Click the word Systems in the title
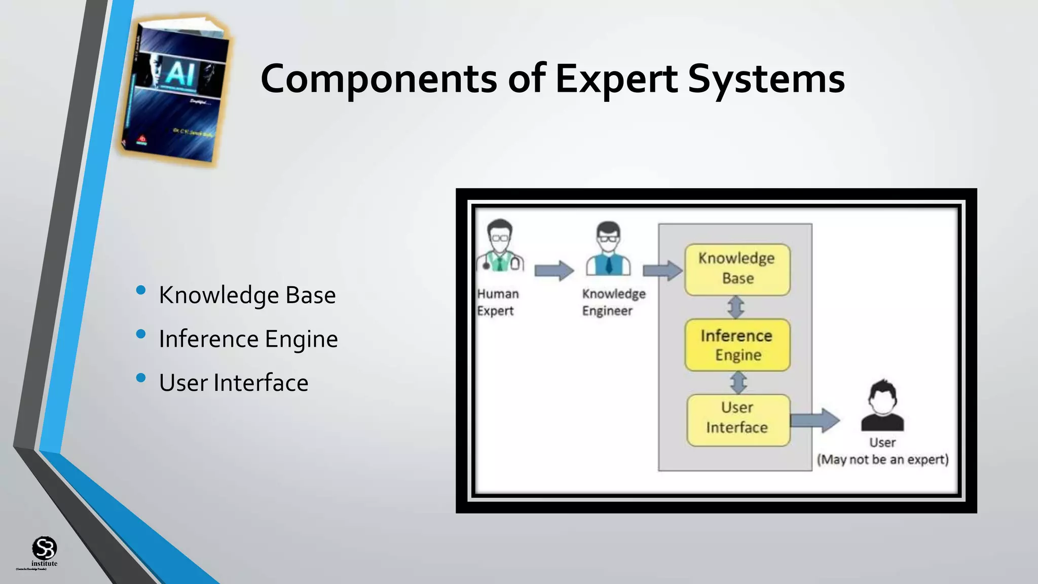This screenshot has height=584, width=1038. coord(766,79)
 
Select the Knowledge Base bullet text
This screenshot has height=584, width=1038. coord(247,295)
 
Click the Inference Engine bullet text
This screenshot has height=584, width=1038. coord(248,339)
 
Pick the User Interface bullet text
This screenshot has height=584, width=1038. coord(233,383)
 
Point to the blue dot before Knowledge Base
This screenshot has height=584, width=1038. coord(141,290)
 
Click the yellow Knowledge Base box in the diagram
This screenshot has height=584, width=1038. coord(737,269)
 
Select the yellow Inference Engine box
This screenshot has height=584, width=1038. coord(737,345)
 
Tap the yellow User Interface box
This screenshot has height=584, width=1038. coord(738,420)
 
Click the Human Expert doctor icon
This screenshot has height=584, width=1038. coord(500,246)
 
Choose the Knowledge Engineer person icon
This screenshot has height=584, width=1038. coord(608,248)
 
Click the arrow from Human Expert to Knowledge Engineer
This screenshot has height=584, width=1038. coord(553,270)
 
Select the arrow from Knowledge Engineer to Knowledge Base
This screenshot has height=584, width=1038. coord(662,270)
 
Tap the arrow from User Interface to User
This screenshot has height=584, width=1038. coord(814,420)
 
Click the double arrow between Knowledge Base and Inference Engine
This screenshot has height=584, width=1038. coord(736,307)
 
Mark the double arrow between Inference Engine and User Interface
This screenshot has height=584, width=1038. coord(738,383)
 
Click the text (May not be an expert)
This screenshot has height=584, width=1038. coord(882,460)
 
